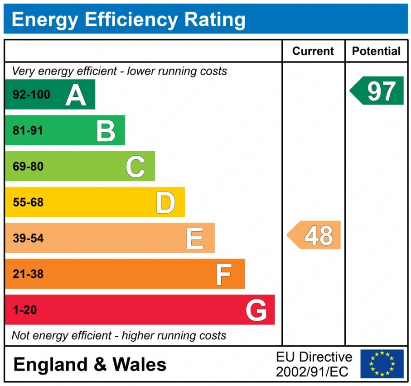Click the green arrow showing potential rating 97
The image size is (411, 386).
click(377, 91)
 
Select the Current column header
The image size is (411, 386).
click(313, 51)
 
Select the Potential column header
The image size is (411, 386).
click(376, 51)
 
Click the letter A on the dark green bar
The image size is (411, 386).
click(75, 95)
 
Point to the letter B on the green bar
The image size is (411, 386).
click(106, 131)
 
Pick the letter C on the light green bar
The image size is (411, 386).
click(135, 167)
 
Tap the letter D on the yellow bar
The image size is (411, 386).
click(165, 203)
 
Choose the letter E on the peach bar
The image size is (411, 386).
click(195, 238)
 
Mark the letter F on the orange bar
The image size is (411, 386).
click(224, 274)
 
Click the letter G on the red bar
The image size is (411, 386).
click(256, 310)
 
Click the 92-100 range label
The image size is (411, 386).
click(31, 95)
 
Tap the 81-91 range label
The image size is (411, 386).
click(28, 131)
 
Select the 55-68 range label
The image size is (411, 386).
click(28, 203)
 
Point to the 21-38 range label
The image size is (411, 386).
click(28, 274)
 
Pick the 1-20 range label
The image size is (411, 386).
click(25, 310)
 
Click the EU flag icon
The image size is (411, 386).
click(382, 364)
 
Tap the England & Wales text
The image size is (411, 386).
click(90, 364)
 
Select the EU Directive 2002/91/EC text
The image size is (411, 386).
click(314, 364)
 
